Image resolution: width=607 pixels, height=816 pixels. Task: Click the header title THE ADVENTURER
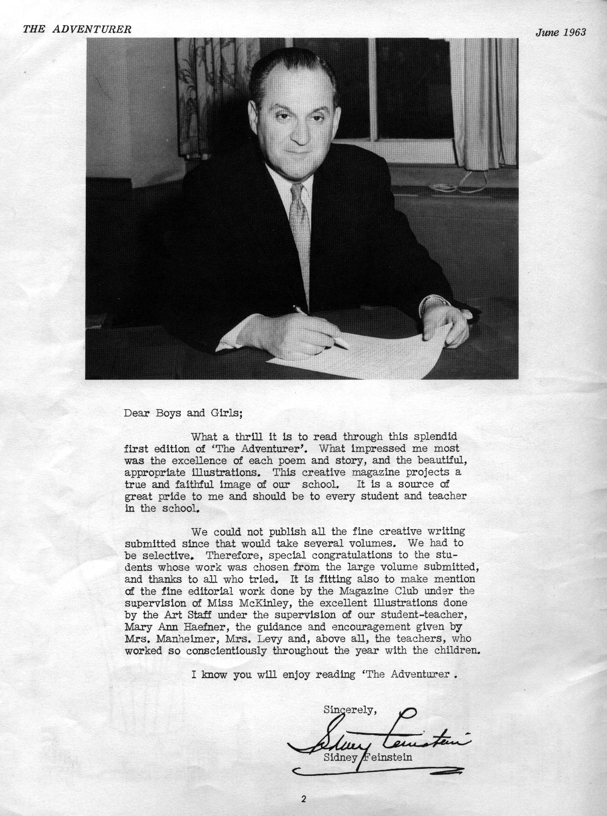tap(77, 29)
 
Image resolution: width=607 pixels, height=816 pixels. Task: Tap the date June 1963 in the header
tap(560, 32)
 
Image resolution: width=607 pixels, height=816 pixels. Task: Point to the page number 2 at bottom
tap(303, 800)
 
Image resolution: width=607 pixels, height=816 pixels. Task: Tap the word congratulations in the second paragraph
tap(363, 555)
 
